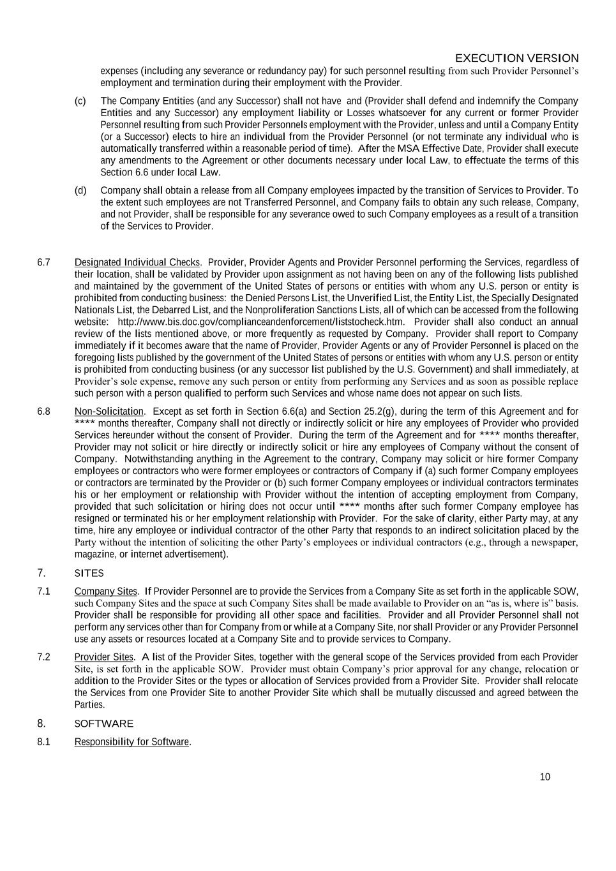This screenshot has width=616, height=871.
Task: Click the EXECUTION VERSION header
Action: click(516, 58)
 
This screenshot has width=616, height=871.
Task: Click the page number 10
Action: click(545, 777)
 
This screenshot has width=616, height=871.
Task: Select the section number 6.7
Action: click(43, 262)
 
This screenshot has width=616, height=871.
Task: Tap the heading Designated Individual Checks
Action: click(137, 262)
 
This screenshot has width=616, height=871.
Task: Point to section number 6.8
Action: click(43, 412)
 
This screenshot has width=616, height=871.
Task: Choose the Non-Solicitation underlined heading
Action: click(109, 412)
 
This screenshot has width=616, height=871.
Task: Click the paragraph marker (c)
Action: click(80, 101)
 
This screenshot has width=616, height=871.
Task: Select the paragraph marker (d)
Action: click(80, 190)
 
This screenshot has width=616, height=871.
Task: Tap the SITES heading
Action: click(89, 573)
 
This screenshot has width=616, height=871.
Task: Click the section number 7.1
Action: click(43, 592)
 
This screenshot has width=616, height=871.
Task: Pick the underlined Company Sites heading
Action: click(106, 592)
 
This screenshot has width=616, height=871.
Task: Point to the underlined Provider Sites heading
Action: click(104, 657)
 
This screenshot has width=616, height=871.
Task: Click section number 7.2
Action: click(43, 657)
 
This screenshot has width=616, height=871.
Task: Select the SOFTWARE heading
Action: click(104, 724)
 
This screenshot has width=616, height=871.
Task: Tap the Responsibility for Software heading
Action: click(132, 741)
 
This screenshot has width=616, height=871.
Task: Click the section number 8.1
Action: click(43, 741)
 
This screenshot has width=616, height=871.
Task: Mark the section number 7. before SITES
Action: click(41, 573)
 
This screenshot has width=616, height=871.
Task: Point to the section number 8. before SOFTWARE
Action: click(41, 724)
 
